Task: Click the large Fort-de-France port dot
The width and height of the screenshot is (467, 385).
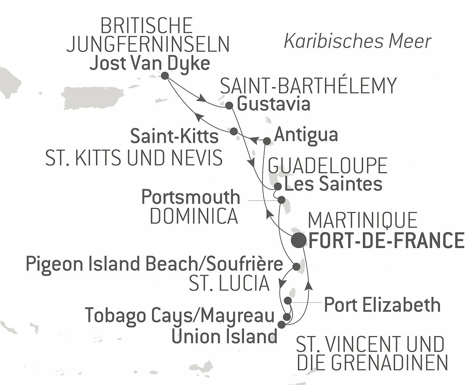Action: [298, 240]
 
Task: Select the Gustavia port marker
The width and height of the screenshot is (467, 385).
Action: [229, 106]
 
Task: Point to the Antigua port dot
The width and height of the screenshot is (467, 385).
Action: [267, 141]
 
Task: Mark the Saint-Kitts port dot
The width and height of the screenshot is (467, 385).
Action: [233, 131]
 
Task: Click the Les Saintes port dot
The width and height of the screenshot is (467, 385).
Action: [277, 186]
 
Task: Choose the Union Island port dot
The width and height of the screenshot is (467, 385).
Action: [281, 325]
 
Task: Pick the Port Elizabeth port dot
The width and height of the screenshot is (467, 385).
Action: [288, 300]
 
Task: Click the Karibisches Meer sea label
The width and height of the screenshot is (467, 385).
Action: [357, 41]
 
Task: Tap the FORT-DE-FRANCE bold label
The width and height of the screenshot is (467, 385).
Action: [386, 241]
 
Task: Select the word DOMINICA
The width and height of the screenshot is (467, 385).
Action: [194, 216]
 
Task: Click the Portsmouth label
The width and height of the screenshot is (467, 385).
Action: [191, 197]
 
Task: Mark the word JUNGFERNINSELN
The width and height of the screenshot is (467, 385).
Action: [148, 44]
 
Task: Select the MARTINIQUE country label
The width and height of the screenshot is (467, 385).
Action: [363, 220]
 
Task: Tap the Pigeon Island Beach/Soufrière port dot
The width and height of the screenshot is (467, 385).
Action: [296, 266]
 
